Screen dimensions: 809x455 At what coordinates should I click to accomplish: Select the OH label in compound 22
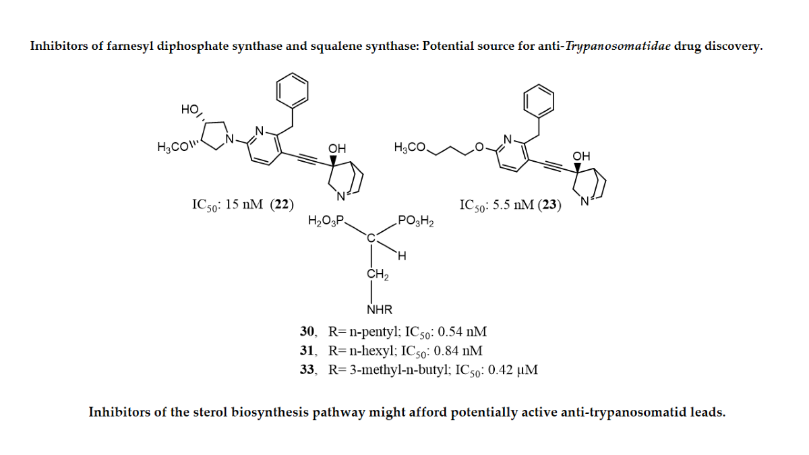coord(336,148)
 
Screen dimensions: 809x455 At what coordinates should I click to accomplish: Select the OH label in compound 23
coord(581,156)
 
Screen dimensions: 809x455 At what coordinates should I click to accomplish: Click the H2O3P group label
coord(326,220)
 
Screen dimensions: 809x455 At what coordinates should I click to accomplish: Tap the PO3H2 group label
coord(416,220)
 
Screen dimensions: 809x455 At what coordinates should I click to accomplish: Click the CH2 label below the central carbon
coord(376,274)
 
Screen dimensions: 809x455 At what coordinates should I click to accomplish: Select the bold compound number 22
coord(282,205)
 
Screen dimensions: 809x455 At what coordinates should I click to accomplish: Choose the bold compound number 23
coord(549,205)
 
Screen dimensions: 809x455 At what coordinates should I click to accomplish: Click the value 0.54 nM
coord(462,332)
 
